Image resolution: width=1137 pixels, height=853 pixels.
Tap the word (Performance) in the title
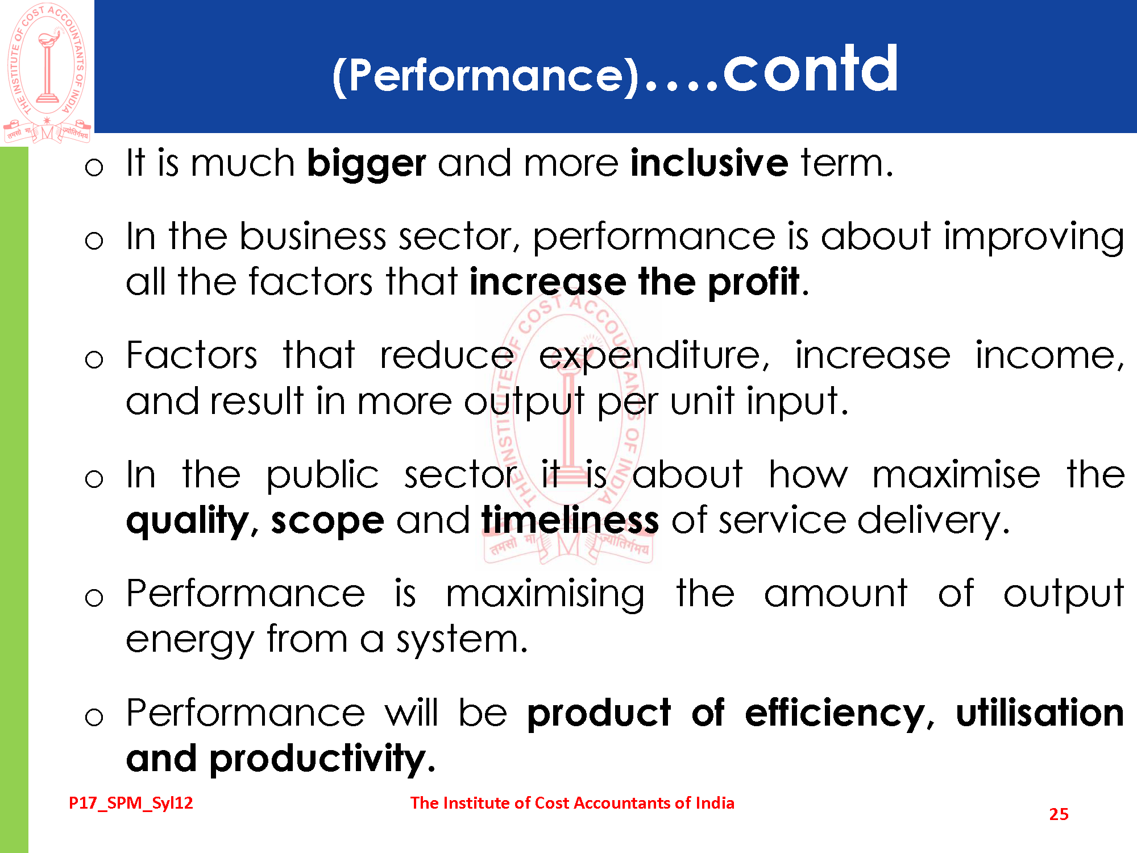(x=487, y=76)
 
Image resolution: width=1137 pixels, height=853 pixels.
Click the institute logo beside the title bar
(x=47, y=73)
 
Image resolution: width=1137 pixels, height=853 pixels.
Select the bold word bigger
(x=366, y=164)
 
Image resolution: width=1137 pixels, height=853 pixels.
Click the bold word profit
(x=753, y=283)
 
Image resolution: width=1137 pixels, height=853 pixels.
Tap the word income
(x=1049, y=357)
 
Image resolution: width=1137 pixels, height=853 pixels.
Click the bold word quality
(x=187, y=521)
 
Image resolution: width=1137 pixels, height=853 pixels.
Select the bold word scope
(x=327, y=523)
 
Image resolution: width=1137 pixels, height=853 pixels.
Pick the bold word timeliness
(x=570, y=520)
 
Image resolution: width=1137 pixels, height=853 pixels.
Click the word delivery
(x=933, y=521)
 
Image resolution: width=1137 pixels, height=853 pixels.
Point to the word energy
(x=189, y=641)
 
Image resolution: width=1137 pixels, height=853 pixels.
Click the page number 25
(x=1059, y=814)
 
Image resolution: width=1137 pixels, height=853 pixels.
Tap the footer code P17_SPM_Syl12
(x=131, y=804)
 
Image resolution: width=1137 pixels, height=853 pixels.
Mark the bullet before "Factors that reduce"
(x=94, y=359)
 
